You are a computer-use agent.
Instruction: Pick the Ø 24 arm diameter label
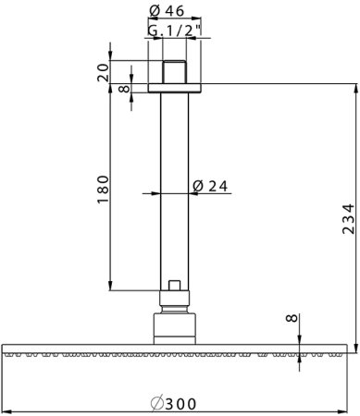pyautogui.click(x=211, y=185)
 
